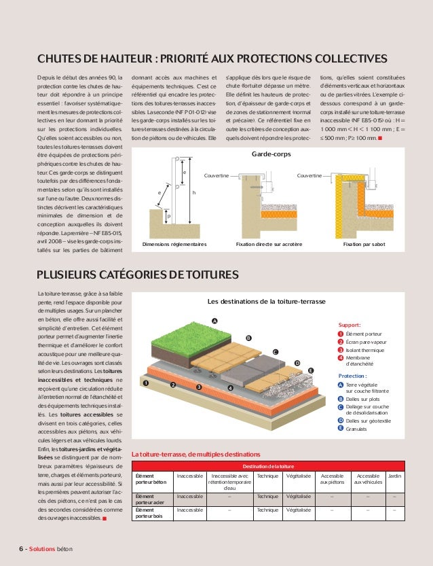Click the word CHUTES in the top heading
62,58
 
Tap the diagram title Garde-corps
271,155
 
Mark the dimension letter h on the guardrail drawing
194,193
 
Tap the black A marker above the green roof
215,320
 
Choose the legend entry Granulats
357,429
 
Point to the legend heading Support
350,325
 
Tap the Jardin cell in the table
394,476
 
